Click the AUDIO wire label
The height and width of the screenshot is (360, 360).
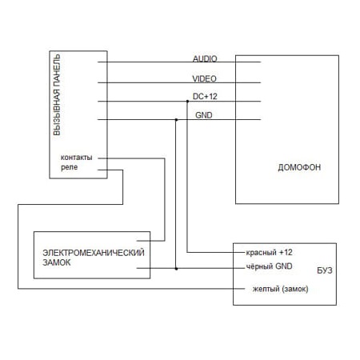coord(205,58)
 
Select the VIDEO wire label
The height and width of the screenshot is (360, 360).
coord(204,78)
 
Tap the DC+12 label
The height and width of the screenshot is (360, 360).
coord(205,96)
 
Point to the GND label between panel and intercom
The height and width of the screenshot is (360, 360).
coord(204,115)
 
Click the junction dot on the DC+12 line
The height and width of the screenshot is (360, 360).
coord(187,102)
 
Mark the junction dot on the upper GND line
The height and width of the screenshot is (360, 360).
coord(176,120)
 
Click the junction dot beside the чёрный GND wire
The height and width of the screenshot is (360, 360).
coord(176,269)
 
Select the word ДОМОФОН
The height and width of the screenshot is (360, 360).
coord(299,167)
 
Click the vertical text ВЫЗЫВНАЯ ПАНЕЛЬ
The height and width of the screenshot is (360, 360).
coord(57,95)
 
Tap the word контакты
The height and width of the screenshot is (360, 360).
coord(77,158)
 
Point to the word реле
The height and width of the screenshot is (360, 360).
coord(70,167)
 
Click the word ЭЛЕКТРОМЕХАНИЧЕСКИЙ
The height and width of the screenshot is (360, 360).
coord(94,253)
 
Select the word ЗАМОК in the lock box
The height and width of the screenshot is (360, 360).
coord(57,262)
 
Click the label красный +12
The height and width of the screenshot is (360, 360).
coord(269,252)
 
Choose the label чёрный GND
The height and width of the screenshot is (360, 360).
coord(269,266)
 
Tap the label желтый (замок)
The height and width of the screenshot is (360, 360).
coord(280,289)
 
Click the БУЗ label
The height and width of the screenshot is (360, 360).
coord(325,270)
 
